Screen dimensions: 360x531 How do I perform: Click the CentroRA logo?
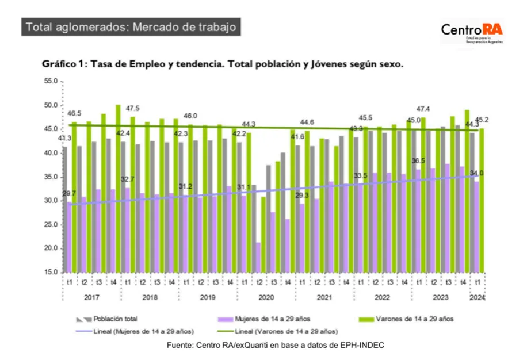pos(471,33)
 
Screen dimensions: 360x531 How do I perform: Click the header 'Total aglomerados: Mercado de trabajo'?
pos(131,27)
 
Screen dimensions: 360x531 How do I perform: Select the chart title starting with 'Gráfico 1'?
pos(222,65)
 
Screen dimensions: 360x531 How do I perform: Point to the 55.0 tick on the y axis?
pos(50,82)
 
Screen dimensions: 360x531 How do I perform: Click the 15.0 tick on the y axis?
pos(50,272)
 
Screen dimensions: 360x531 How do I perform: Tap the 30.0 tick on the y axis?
pos(50,201)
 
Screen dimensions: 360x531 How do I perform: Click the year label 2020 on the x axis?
pos(266,297)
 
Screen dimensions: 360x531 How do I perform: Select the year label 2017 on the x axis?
pos(91,297)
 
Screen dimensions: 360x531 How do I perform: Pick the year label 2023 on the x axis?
pos(440,297)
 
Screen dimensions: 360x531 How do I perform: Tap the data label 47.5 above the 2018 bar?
pos(133,109)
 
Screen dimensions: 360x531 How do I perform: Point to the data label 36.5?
pos(419,161)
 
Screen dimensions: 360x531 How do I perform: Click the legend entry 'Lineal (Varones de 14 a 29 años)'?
pos(293,331)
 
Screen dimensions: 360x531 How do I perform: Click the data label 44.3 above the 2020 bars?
pos(249,124)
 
